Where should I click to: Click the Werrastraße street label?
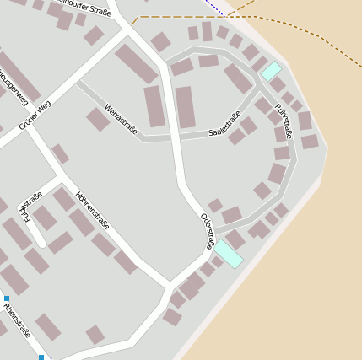121,119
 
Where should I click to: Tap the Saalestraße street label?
224,123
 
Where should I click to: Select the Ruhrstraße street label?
283,121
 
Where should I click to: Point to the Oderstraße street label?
207,230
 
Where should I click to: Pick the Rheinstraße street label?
17,320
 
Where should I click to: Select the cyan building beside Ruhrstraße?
271,71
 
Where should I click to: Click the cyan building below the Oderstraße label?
228,253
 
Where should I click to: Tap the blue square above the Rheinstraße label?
7,298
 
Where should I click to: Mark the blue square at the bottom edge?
41,357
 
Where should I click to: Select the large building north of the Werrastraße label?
136,63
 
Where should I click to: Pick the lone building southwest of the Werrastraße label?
98,119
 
